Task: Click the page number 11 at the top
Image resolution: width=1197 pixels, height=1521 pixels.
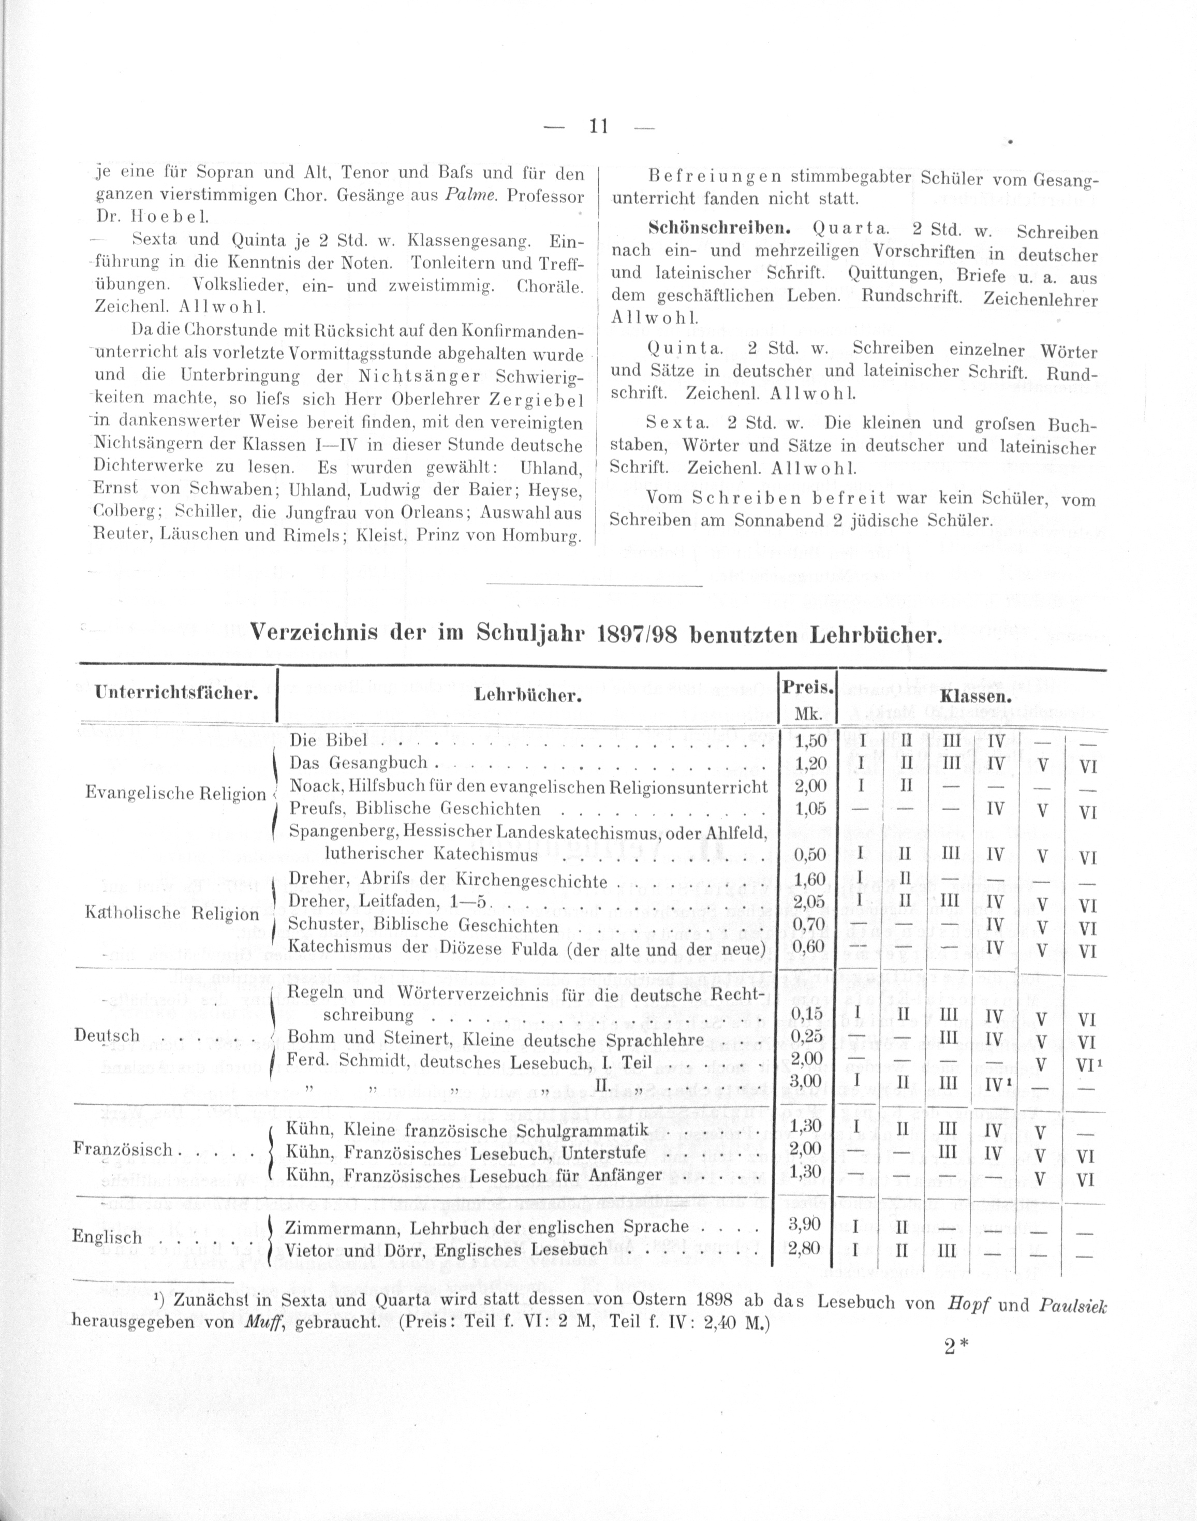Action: pyautogui.click(x=597, y=127)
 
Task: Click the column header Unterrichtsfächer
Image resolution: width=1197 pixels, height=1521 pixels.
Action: pyautogui.click(x=176, y=694)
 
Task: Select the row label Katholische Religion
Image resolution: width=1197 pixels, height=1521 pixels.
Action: pyautogui.click(x=172, y=914)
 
